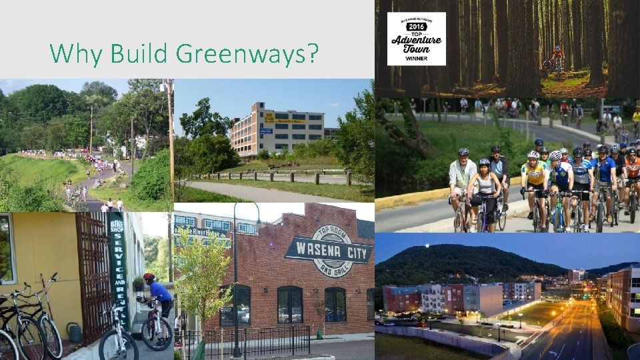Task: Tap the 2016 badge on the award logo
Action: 416,26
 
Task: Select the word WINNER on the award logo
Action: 417,59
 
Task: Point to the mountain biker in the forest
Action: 557,59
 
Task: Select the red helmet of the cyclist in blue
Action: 149,277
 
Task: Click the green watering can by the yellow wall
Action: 74,331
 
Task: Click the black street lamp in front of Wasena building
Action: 235,280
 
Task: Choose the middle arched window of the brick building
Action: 289,305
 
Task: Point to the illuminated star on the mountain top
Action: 427,247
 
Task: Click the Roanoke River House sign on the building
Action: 199,232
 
